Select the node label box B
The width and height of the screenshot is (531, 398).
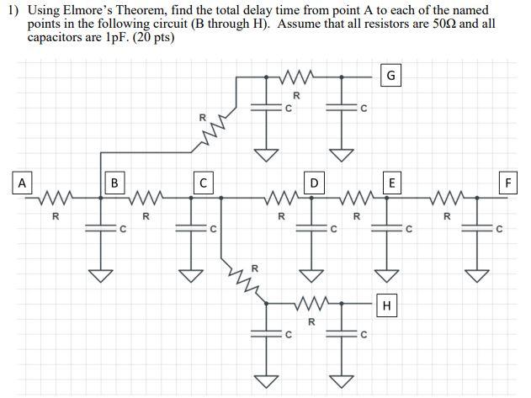pos(114,182)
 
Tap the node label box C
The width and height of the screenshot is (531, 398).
pos(203,182)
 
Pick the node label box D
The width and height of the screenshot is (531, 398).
pos(314,182)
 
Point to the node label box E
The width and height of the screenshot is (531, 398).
pos(390,182)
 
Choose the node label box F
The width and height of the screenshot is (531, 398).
pos(508,182)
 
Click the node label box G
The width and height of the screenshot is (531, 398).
pos(390,77)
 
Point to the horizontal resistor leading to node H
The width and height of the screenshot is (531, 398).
pos(312,303)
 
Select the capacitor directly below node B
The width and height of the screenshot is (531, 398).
pos(102,227)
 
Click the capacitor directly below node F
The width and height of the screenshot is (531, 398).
pos(478,227)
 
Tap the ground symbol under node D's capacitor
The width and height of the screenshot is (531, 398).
pos(312,276)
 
